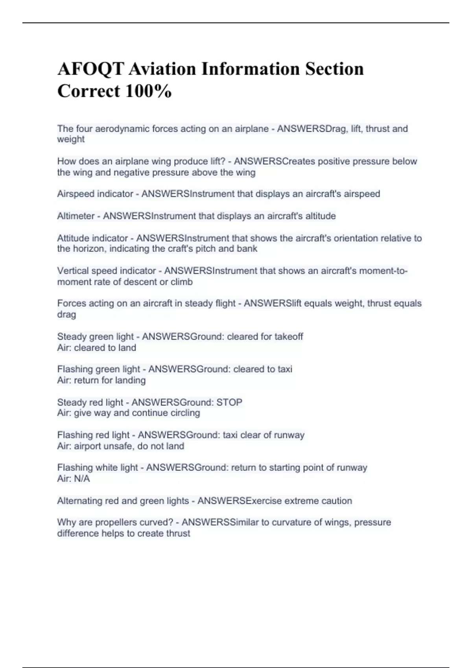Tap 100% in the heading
point(148,92)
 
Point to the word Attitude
point(73,238)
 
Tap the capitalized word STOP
point(229,402)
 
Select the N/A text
point(82,479)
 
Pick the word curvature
point(289,522)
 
